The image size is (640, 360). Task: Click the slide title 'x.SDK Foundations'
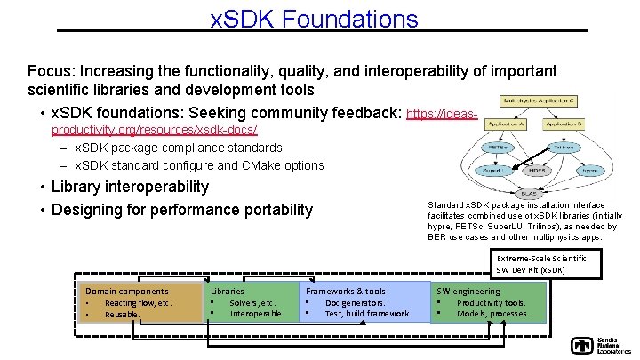pos(314,18)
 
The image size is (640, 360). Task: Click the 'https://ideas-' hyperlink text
pos(442,115)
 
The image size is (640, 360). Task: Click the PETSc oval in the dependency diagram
pos(497,147)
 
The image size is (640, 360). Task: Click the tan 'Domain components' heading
pos(126,291)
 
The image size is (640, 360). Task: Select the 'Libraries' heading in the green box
pos(228,291)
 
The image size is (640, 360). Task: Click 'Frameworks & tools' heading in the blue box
pos(346,291)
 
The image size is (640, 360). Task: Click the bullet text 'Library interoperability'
pos(131,187)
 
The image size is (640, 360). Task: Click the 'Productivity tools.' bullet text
pos(492,303)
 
